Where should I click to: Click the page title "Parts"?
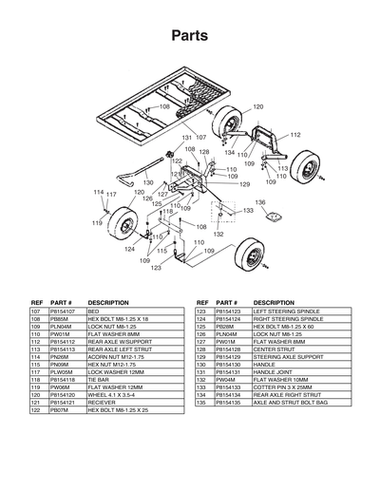tap(190, 35)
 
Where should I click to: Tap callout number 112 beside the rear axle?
tap(295, 136)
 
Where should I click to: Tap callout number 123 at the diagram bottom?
tap(156, 269)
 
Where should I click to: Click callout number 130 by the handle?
tap(148, 181)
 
